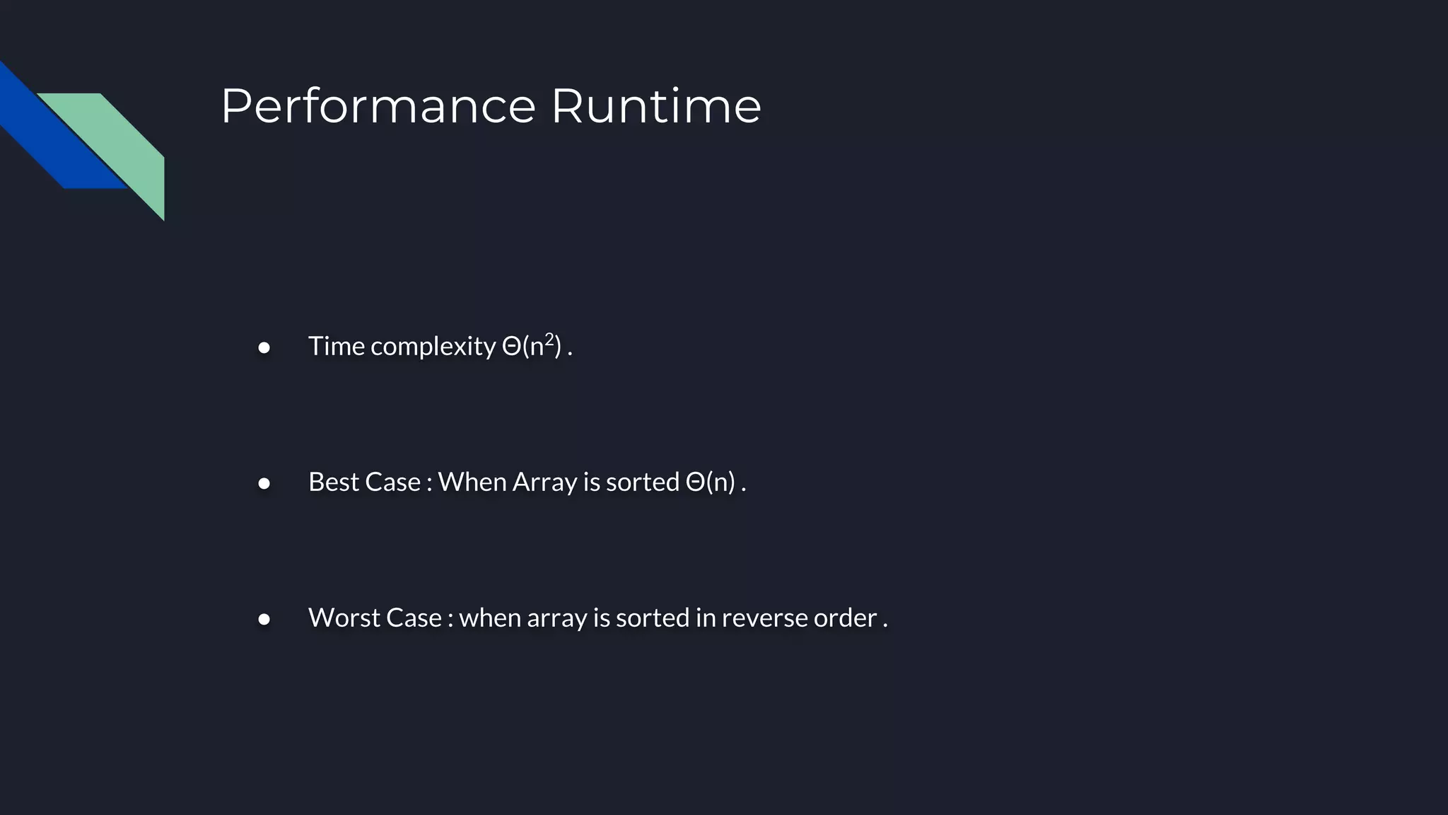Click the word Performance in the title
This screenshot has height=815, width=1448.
(x=378, y=107)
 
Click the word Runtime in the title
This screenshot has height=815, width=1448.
(x=655, y=107)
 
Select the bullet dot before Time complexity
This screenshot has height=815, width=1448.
(x=264, y=347)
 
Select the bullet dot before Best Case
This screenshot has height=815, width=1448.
(x=264, y=483)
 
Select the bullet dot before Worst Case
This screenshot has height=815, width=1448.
(x=264, y=619)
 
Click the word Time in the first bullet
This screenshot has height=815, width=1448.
(x=336, y=346)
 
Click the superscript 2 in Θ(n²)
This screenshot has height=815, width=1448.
(x=549, y=338)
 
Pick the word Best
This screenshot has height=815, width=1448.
(x=334, y=482)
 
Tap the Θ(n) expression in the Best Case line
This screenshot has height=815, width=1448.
(x=711, y=482)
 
